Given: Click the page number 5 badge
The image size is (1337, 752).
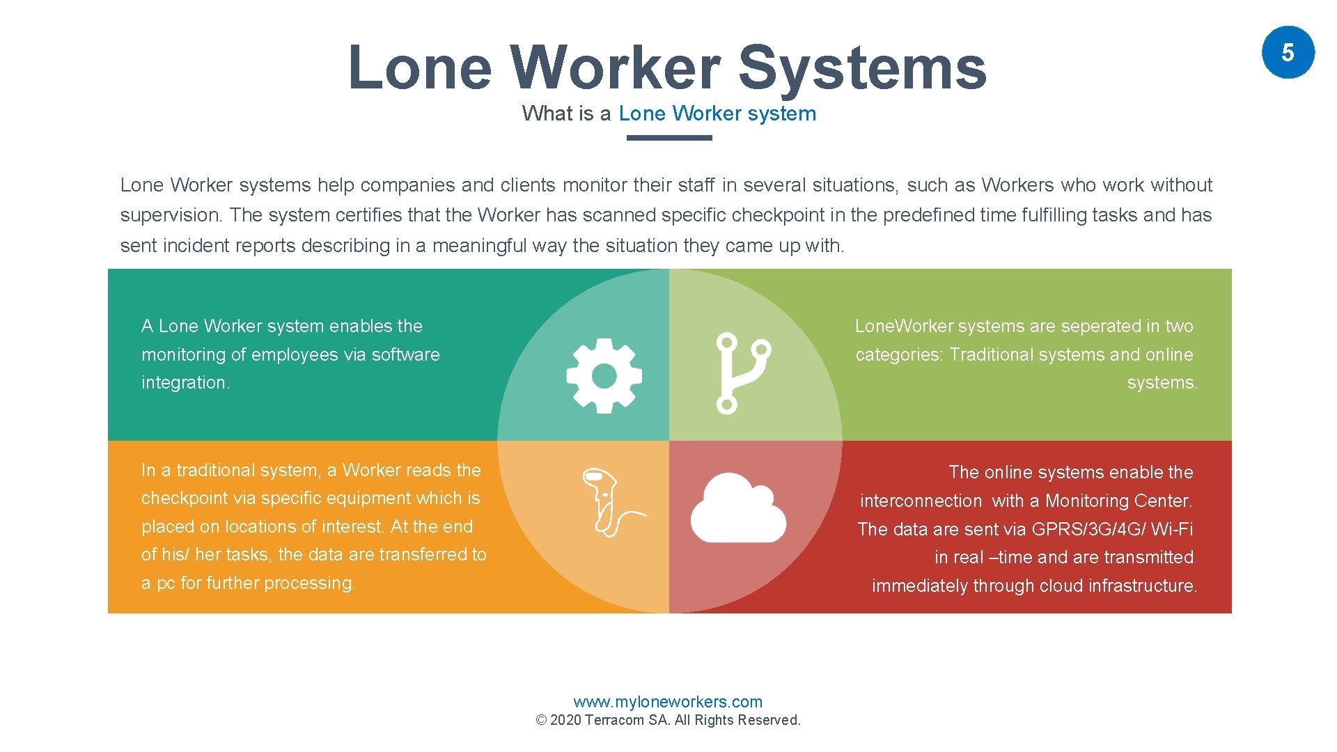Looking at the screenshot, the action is coord(1288,52).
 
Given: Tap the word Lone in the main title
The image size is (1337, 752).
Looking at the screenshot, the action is coord(420,68).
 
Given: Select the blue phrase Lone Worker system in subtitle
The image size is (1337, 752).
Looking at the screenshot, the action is coord(717,113).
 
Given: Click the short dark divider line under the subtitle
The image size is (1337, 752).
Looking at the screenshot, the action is coord(669,138).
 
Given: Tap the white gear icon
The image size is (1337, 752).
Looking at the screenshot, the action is coord(604,376).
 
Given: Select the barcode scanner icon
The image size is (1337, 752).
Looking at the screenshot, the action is coord(606,501).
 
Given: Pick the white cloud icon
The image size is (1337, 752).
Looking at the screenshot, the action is coord(738,508).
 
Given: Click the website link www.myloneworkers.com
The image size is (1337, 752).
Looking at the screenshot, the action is coord(668,702).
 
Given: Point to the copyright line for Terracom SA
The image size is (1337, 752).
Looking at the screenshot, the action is coord(668,720).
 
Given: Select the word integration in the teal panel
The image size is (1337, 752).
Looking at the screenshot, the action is coord(185,383).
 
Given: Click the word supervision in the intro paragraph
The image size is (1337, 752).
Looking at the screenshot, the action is coord(170,215).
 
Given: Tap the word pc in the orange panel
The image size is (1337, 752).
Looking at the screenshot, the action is coord(166,583).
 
